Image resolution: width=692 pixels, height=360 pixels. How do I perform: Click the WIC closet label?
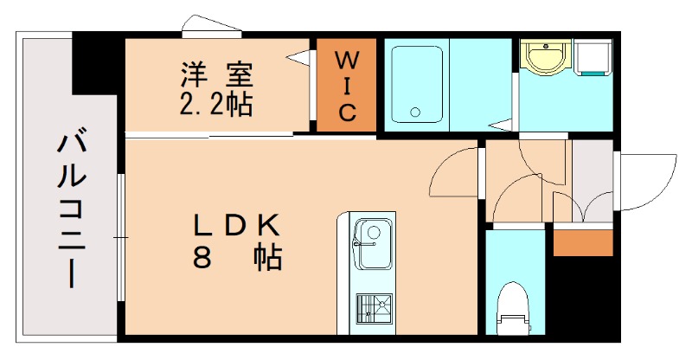pos(346,86)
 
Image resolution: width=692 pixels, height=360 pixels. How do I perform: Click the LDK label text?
pos(234,227)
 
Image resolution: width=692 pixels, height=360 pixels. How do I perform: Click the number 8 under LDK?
pos(202,258)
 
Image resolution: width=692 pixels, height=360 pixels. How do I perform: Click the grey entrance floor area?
pos(592,177)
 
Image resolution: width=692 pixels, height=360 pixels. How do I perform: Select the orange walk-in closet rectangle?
pos(346,86)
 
